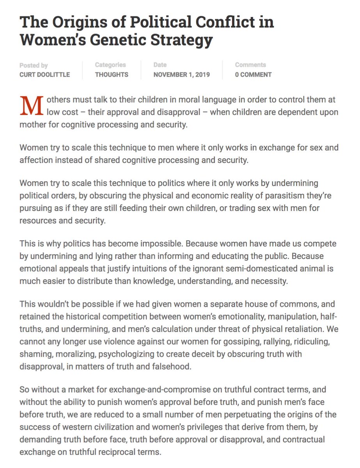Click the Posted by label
pos(34,66)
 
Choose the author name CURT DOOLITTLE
pos(45,74)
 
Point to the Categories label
pos(110,65)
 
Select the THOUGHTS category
pos(112,74)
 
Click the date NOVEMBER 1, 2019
pos(181,74)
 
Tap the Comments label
pos(250,65)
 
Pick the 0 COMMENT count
pos(253,74)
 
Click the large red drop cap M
pos(31,106)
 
